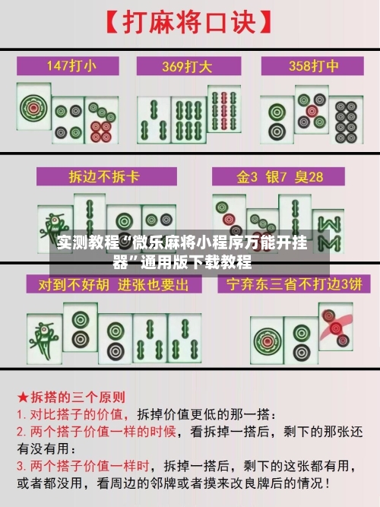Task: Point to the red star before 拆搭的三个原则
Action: click(x=23, y=398)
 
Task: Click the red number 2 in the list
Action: click(x=21, y=431)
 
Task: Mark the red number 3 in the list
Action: click(x=21, y=464)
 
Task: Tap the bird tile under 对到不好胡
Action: click(x=43, y=334)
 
